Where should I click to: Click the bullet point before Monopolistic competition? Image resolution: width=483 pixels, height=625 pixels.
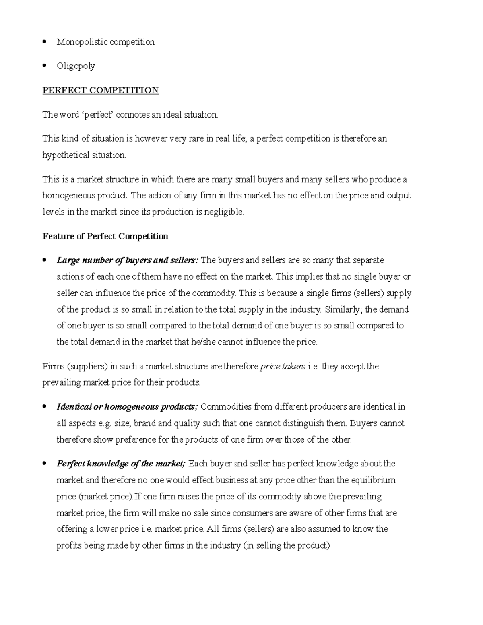45,42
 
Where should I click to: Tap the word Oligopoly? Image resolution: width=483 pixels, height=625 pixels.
76,66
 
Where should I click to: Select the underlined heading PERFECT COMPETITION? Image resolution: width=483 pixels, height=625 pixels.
101,90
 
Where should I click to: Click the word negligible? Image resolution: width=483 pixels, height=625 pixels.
225,212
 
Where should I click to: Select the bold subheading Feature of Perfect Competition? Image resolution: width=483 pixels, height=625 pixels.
105,236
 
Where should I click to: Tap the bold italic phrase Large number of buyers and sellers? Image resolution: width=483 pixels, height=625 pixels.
127,260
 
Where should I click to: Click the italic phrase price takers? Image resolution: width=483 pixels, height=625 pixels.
283,367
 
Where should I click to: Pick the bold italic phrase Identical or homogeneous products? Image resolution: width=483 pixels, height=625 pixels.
127,407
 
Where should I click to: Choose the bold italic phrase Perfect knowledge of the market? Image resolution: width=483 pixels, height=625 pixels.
121,464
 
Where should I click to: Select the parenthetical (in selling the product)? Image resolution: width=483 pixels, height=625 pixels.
287,546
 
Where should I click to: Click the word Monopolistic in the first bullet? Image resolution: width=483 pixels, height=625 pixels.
80,42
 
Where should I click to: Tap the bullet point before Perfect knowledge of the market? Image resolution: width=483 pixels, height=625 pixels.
45,464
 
